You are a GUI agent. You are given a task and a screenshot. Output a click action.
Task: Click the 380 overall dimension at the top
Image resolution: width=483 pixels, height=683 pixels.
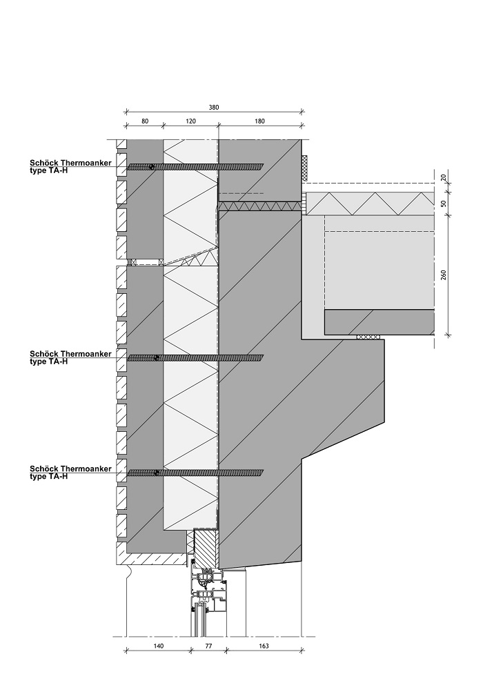click(x=213, y=107)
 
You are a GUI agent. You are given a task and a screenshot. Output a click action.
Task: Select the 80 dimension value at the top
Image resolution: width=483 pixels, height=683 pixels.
click(x=144, y=121)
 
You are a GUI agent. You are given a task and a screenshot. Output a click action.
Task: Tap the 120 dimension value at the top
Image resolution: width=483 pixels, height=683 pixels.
click(x=190, y=121)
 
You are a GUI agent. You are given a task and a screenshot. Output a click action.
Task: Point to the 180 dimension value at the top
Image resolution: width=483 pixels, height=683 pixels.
click(x=260, y=121)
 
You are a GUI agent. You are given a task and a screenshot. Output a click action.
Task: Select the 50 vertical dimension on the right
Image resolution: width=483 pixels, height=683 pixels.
click(x=443, y=204)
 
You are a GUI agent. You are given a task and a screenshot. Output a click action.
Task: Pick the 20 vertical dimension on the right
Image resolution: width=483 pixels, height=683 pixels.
click(x=443, y=178)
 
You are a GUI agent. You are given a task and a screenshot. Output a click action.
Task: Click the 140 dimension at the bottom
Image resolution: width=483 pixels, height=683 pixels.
click(x=157, y=646)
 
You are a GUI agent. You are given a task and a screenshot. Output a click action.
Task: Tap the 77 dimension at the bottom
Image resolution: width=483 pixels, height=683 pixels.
click(x=208, y=646)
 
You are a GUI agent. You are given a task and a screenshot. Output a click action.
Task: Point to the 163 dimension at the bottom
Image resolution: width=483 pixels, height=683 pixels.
click(x=264, y=646)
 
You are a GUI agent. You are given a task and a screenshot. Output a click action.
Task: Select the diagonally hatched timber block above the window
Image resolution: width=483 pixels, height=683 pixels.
click(x=205, y=549)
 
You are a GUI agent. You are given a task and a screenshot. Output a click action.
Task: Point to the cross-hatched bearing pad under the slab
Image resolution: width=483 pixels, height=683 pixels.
click(x=369, y=337)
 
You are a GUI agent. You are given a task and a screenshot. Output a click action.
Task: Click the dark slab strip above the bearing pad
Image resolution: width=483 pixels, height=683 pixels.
click(x=379, y=321)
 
